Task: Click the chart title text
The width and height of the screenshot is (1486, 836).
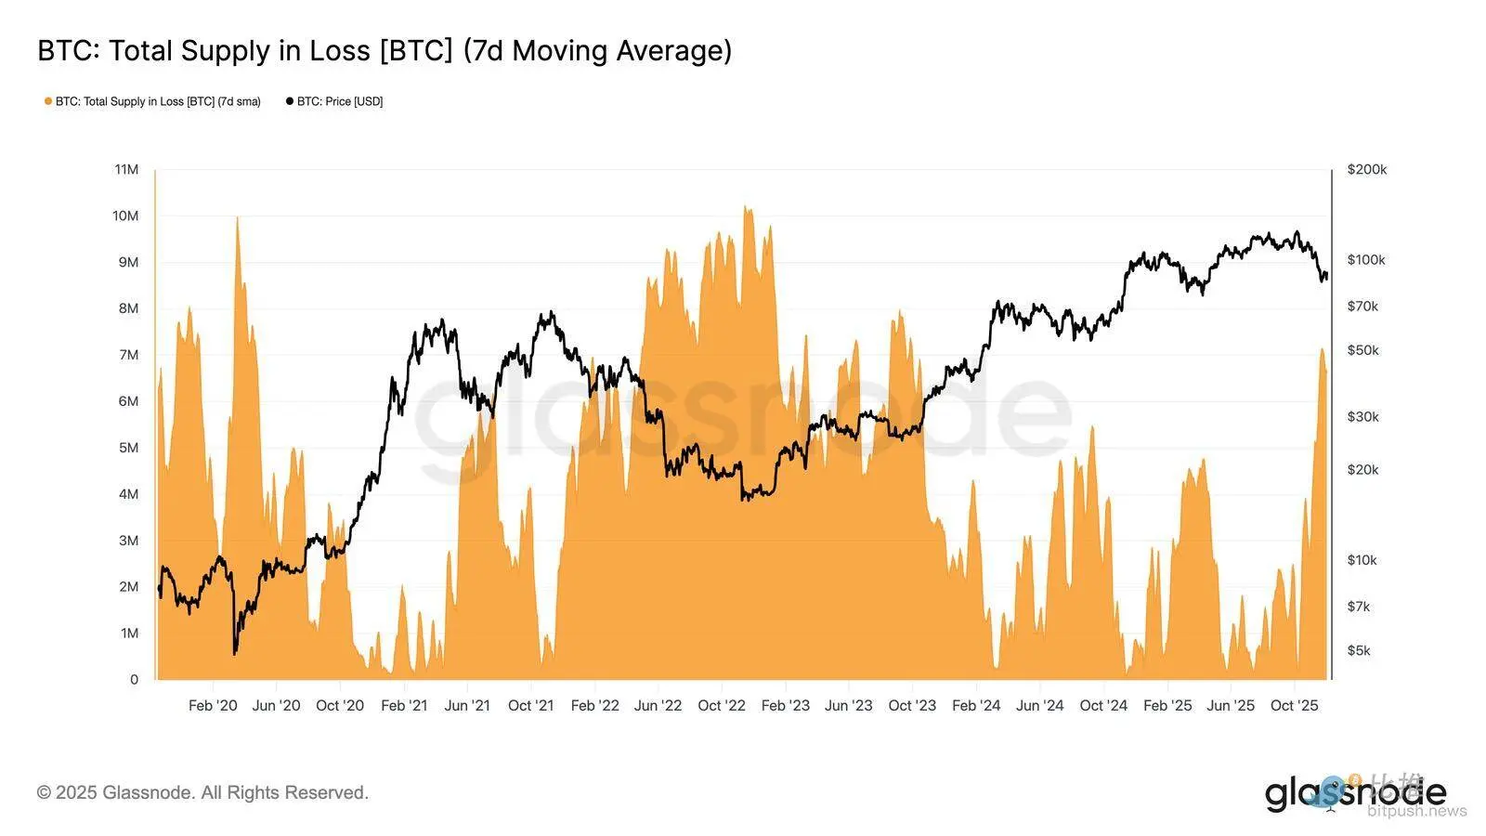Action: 385,50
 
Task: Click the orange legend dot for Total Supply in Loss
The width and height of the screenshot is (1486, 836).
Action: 48,101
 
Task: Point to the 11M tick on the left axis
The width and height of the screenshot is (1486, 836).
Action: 126,169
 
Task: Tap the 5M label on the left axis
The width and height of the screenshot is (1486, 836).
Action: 128,448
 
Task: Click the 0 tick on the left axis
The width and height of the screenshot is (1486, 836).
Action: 134,679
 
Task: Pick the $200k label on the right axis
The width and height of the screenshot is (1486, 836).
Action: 1366,169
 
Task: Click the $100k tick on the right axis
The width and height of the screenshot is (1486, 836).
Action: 1366,259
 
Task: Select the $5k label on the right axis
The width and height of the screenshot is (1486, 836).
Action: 1359,650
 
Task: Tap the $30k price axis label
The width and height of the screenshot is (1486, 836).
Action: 1362,416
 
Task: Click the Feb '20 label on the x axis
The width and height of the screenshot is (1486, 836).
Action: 213,705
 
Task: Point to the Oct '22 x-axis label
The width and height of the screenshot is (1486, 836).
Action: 722,705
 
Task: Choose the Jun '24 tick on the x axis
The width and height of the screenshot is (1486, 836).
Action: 1039,705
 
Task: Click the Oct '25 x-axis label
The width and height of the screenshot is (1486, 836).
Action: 1294,705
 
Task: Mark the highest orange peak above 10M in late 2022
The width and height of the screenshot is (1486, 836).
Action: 748,209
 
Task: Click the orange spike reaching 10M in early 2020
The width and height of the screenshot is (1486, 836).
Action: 238,219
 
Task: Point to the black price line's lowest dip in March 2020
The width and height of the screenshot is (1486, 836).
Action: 235,653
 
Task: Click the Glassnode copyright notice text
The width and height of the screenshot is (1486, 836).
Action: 202,792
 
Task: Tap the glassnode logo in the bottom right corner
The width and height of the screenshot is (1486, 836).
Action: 1355,794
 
